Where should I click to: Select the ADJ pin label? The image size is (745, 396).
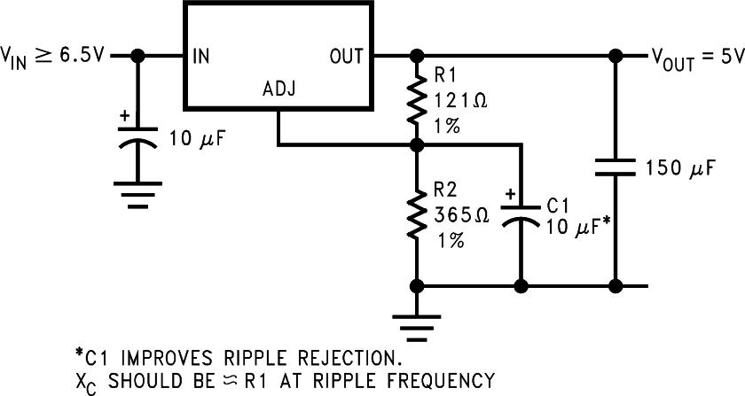point(279,90)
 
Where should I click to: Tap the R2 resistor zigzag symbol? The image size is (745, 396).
point(415,213)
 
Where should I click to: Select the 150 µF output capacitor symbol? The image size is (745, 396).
point(614,166)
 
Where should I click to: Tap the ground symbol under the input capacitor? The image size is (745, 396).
point(137,195)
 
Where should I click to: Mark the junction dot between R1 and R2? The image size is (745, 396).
point(415,143)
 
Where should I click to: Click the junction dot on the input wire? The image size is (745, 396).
point(137,56)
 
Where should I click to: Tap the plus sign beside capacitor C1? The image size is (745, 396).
point(510,194)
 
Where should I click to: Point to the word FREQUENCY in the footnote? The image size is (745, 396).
point(448,381)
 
